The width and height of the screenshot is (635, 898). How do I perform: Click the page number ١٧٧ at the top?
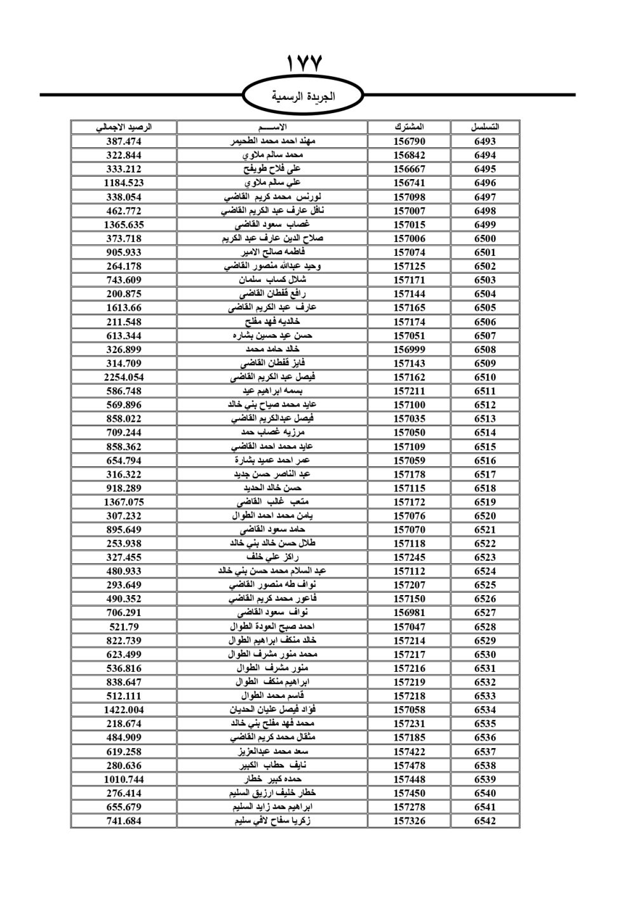click(x=304, y=64)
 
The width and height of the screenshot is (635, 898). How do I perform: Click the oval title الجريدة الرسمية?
click(x=303, y=97)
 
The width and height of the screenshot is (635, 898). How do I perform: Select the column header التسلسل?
click(x=485, y=127)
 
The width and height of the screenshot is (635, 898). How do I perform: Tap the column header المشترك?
click(x=409, y=127)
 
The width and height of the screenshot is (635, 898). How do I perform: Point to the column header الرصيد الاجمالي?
click(x=124, y=127)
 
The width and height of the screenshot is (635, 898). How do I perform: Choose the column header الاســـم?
click(x=272, y=127)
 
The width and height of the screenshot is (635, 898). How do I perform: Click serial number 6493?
click(x=485, y=142)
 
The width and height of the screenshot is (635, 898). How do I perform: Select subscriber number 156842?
click(x=409, y=156)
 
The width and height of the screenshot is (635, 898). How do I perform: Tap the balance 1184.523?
click(x=124, y=183)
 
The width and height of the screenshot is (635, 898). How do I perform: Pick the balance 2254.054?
click(x=124, y=377)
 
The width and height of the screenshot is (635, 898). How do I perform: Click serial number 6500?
click(x=485, y=239)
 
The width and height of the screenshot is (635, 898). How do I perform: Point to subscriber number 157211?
click(x=409, y=391)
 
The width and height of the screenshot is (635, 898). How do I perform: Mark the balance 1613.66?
click(x=124, y=308)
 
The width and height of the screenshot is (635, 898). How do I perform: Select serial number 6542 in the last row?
click(x=485, y=821)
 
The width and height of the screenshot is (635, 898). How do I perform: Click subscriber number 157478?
click(x=409, y=766)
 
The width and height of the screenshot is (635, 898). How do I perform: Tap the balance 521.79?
click(x=124, y=627)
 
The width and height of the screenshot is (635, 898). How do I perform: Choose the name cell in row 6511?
click(x=272, y=391)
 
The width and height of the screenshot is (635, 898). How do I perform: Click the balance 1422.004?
click(x=124, y=710)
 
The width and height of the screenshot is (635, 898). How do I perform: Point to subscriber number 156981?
click(x=409, y=613)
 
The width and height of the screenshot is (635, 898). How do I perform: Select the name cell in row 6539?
click(x=272, y=779)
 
